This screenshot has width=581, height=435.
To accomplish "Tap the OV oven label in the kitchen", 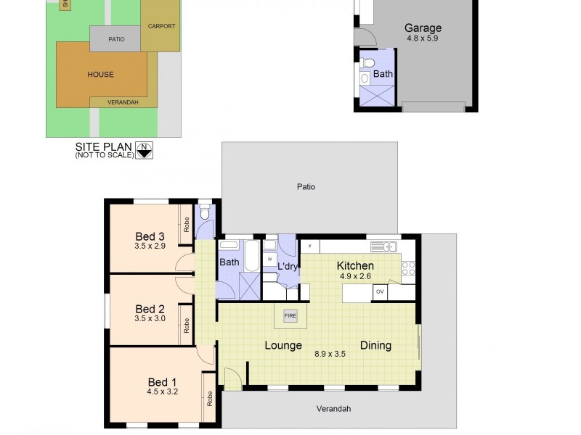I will point(380,292).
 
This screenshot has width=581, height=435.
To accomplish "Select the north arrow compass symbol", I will point(145,150).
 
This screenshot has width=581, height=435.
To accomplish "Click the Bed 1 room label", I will point(162,382).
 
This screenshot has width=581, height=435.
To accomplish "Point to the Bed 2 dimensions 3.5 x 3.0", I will point(150,318).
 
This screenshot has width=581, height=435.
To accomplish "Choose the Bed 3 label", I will point(150,236).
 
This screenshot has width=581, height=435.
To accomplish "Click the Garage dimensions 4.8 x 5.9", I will point(422,38).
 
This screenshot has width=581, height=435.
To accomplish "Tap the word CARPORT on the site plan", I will point(161,26).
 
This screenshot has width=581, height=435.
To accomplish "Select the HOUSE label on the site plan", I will point(101,75).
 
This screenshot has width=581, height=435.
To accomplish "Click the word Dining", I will point(375,345).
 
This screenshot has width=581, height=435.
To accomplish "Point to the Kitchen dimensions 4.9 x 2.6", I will point(355,276).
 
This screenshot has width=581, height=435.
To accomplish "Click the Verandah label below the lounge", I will point(333,409).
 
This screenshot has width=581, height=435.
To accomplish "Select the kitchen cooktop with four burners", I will point(408,269).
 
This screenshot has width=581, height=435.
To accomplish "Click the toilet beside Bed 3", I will point(204,212).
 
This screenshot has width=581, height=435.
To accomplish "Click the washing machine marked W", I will point(270,259).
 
